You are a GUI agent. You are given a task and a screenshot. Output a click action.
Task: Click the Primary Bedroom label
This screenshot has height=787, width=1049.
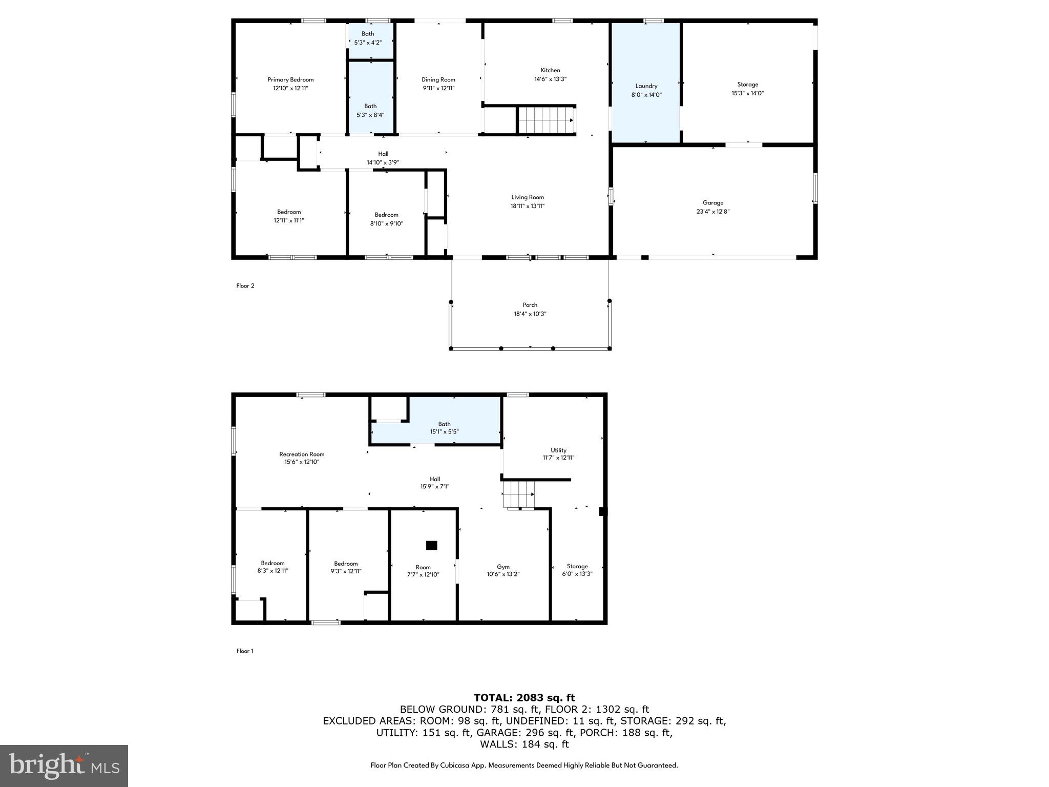(290, 79)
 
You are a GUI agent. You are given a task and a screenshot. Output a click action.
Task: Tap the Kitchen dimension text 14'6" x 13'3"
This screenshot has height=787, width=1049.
(550, 79)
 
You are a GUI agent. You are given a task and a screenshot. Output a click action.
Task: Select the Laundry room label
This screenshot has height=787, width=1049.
(646, 86)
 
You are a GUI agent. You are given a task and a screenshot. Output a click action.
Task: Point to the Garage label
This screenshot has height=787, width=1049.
(712, 203)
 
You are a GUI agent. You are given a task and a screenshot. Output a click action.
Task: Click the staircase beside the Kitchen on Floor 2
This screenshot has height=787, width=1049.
(546, 120)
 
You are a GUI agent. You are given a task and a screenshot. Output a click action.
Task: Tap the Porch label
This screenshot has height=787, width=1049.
(530, 305)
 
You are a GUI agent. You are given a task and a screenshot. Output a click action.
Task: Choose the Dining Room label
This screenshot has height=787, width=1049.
(438, 79)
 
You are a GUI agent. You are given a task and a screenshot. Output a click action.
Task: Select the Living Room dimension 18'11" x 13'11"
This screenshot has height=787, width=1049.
(527, 206)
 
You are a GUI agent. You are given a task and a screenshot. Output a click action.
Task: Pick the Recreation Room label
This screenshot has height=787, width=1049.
(302, 454)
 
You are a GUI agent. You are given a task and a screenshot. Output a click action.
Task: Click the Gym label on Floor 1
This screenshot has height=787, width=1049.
(503, 567)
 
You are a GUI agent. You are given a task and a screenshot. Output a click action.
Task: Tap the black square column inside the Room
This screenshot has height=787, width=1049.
(432, 545)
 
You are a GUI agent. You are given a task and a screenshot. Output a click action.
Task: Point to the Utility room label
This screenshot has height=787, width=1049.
(558, 450)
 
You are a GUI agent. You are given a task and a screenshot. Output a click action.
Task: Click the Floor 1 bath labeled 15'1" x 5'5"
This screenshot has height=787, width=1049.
(444, 428)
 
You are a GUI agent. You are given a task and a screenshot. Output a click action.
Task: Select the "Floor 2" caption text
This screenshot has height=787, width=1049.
(245, 286)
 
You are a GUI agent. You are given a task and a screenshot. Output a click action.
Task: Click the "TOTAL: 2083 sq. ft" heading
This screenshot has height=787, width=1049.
(524, 697)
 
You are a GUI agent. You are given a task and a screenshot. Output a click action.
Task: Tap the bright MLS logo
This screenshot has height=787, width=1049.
(64, 765)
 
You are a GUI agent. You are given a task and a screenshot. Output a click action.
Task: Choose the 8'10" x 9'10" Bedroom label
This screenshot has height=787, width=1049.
(386, 215)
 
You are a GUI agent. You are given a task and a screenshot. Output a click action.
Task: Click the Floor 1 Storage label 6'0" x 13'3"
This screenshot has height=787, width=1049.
(577, 570)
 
